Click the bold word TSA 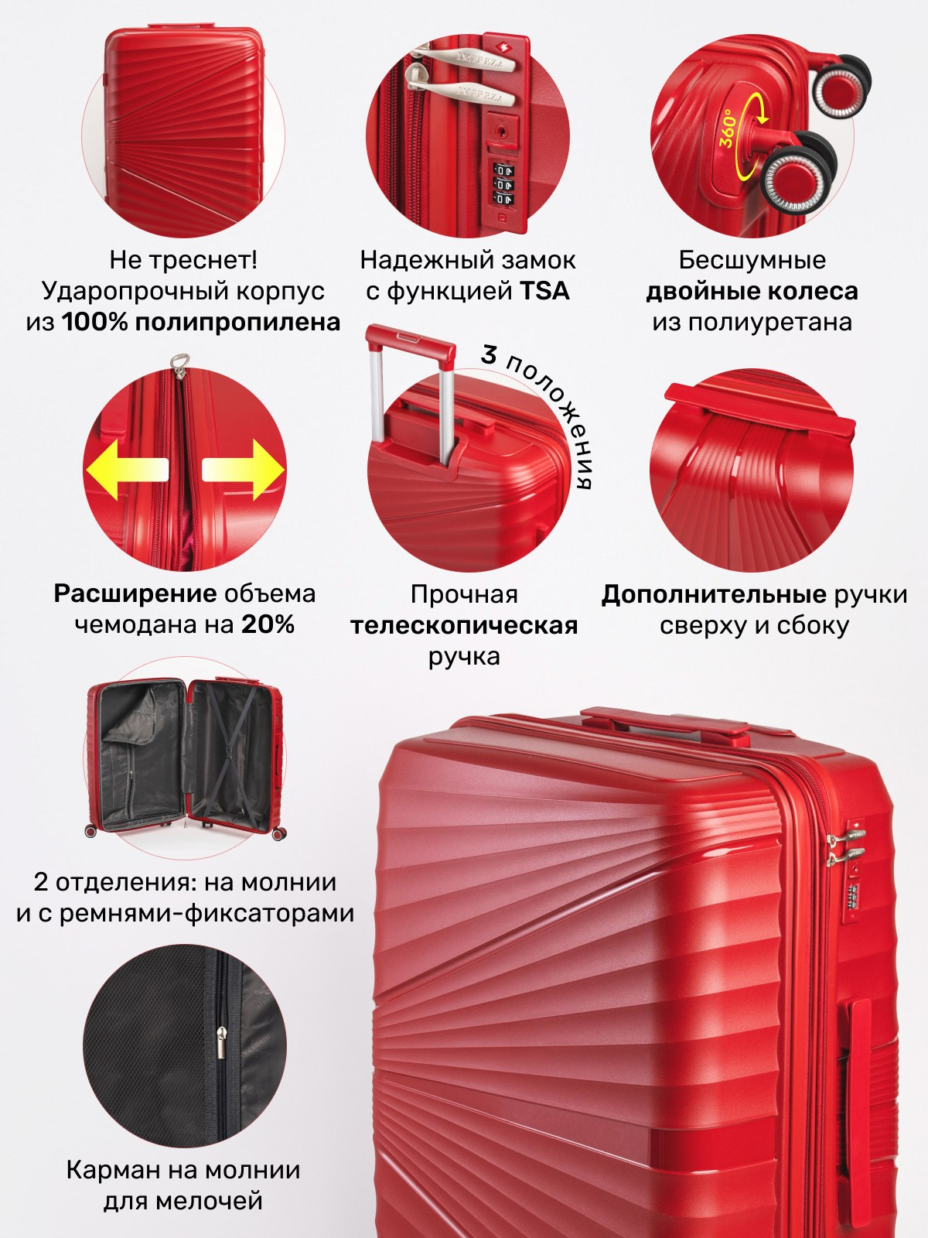coord(544,292)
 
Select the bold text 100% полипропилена coord(201,323)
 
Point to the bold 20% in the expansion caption coord(268,625)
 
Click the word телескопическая coord(464,626)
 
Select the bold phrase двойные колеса coord(752,292)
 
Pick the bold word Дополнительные coord(714,595)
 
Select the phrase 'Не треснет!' coord(183,260)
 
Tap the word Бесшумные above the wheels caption coord(752,260)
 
